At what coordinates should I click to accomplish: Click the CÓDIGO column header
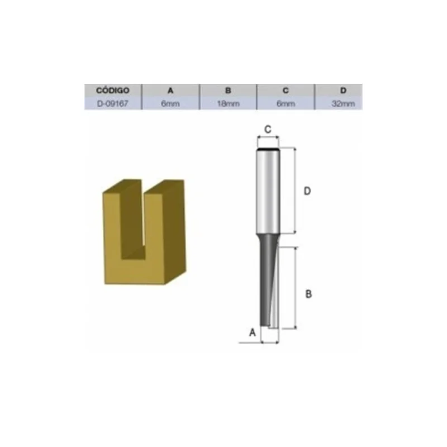click(113, 90)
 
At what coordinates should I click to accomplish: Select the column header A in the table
click(170, 90)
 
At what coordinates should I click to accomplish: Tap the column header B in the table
click(228, 90)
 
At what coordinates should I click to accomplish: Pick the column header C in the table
click(286, 90)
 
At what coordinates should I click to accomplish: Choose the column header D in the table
click(343, 90)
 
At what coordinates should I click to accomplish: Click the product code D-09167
click(113, 103)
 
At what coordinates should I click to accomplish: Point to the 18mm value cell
click(228, 103)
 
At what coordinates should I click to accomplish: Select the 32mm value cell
click(343, 103)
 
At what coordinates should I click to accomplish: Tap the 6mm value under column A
click(170, 103)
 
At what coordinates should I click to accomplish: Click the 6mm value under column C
click(286, 103)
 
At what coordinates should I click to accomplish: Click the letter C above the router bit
click(268, 129)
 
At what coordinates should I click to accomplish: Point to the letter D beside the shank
click(307, 191)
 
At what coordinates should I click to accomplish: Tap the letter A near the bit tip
click(252, 332)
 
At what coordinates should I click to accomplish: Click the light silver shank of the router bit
click(268, 190)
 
